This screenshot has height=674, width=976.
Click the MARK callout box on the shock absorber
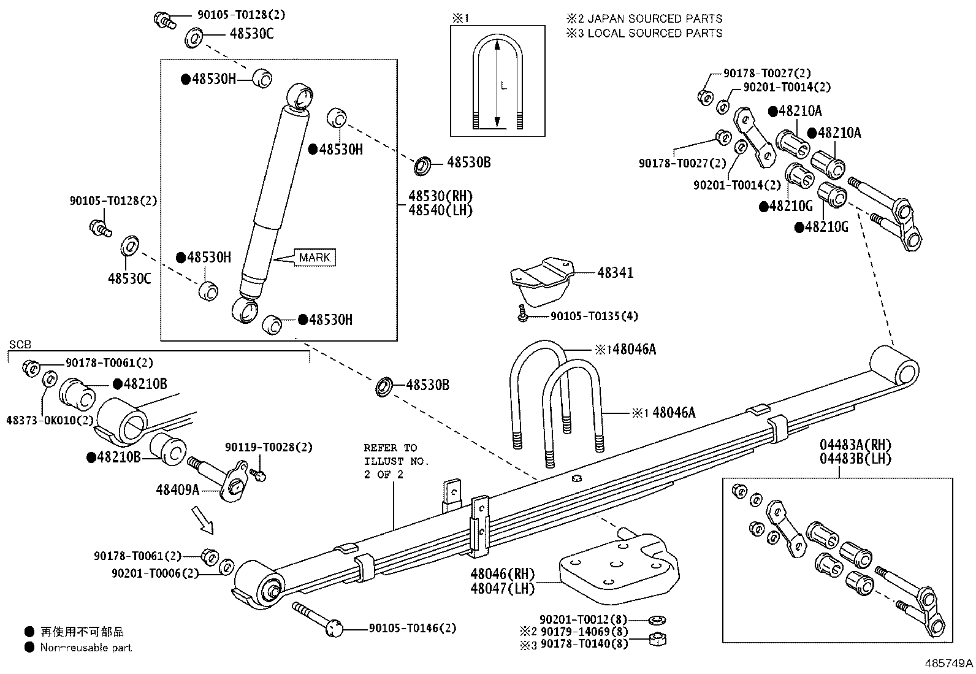[315, 258]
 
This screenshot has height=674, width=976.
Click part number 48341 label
[615, 273]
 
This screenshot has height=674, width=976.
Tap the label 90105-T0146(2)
[413, 629]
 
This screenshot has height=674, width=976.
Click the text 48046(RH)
[503, 574]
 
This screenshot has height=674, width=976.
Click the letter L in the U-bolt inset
[504, 86]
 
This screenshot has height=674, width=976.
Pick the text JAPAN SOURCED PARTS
[655, 19]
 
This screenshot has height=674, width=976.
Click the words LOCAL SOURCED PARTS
[655, 33]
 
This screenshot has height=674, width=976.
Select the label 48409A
[178, 489]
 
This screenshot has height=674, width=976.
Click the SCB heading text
[20, 345]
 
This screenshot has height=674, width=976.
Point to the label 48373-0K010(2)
[50, 420]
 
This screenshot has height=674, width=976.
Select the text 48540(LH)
[441, 210]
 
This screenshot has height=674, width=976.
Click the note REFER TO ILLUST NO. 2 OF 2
[396, 461]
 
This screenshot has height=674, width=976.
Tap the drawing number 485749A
[949, 664]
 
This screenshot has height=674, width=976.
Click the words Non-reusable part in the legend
[86, 648]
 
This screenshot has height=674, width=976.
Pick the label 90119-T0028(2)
[269, 448]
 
